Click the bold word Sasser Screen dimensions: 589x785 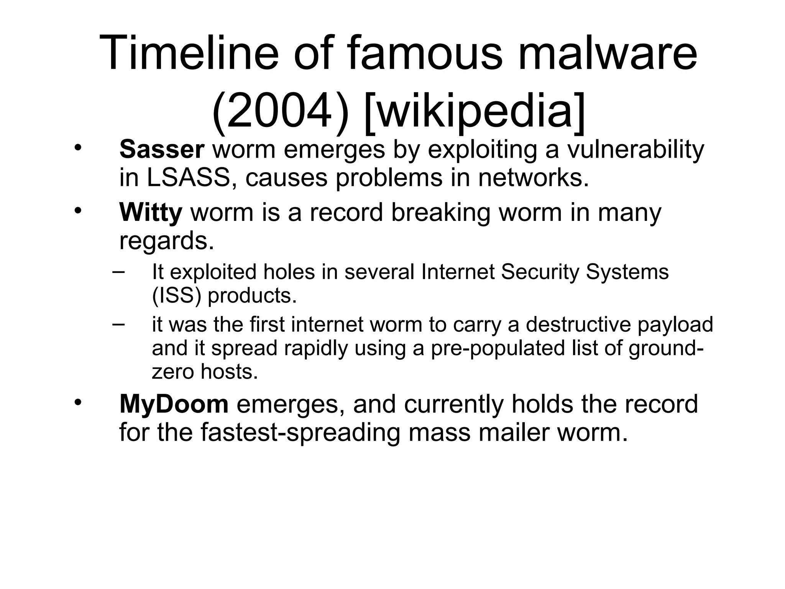[x=161, y=149]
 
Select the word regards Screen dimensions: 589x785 [x=166, y=241]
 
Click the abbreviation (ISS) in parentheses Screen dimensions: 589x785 [x=176, y=295]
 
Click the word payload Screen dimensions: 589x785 [x=675, y=324]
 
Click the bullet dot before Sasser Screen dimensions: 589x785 [x=78, y=148]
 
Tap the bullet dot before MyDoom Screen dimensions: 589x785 [x=78, y=402]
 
